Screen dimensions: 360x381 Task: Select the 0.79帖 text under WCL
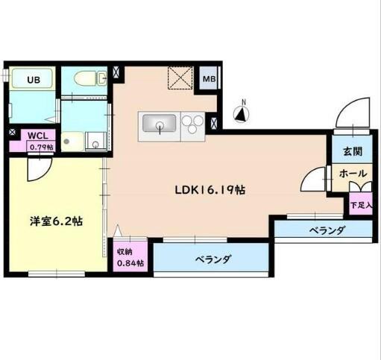(x=41, y=147)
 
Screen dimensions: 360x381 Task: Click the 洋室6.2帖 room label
(x=56, y=221)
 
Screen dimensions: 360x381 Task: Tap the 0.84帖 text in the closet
(x=130, y=264)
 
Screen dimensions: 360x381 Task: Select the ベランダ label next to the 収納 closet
(x=213, y=260)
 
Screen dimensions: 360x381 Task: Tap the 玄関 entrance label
(x=352, y=152)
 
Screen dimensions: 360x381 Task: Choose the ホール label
(x=352, y=174)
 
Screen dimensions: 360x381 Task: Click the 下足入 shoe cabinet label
(x=361, y=204)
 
